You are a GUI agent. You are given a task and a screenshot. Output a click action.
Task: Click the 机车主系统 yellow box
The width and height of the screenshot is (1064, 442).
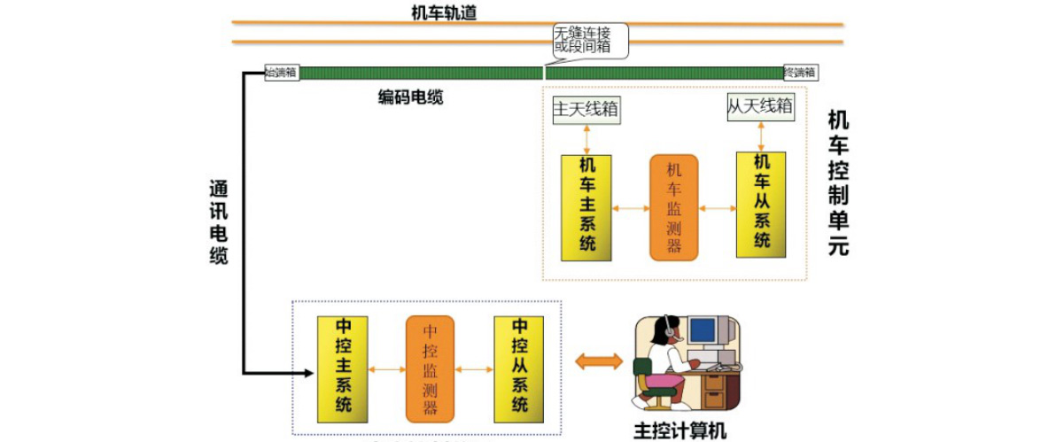pyautogui.click(x=586, y=207)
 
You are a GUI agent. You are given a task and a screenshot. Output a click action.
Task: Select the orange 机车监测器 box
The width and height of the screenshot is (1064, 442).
pyautogui.click(x=673, y=207)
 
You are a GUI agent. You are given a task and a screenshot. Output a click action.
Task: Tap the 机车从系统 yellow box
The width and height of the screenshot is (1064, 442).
pyautogui.click(x=760, y=205)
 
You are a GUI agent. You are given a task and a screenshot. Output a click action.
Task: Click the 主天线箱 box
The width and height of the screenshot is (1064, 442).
pyautogui.click(x=586, y=110)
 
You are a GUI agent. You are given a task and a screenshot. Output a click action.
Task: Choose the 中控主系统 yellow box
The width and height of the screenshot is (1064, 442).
pyautogui.click(x=343, y=368)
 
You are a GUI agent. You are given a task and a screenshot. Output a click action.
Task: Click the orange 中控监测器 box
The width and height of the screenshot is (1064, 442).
pyautogui.click(x=430, y=368)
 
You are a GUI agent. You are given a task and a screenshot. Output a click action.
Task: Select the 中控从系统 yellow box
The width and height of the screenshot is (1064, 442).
pyautogui.click(x=518, y=368)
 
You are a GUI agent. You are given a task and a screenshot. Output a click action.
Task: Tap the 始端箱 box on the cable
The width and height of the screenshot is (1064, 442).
pyautogui.click(x=283, y=73)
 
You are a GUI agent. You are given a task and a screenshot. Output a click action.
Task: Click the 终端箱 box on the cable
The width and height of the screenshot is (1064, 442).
pyautogui.click(x=800, y=73)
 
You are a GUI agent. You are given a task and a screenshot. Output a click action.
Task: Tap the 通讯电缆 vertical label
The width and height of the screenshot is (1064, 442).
pyautogui.click(x=218, y=222)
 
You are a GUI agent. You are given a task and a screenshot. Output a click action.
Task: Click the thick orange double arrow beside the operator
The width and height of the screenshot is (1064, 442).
pyautogui.click(x=600, y=361)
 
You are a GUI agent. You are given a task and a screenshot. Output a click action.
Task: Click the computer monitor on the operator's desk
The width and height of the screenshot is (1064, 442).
pyautogui.click(x=703, y=330)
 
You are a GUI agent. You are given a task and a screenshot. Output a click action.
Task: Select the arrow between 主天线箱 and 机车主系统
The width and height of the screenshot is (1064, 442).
pyautogui.click(x=586, y=140)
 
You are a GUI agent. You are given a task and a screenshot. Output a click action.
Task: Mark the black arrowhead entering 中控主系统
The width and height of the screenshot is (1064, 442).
pyautogui.click(x=308, y=373)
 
